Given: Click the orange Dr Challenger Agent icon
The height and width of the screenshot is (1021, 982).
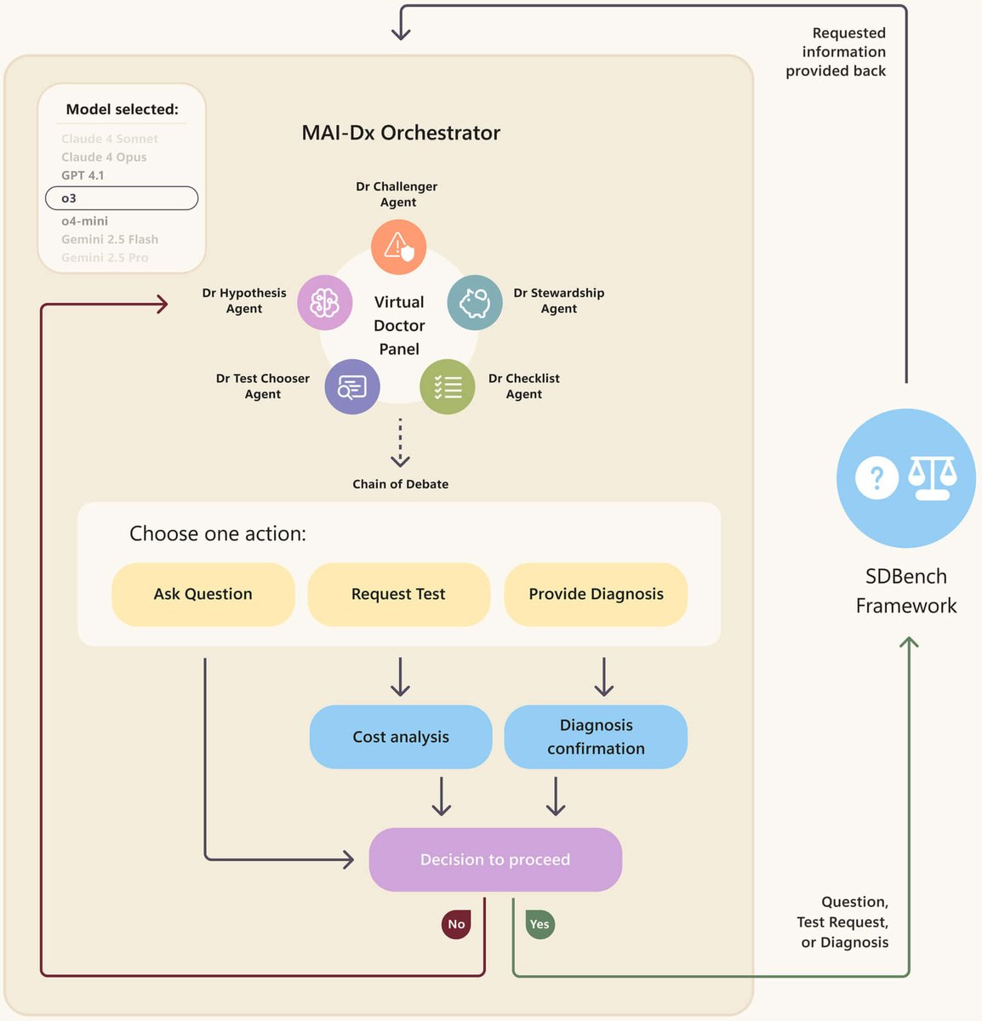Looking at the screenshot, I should click(x=398, y=247).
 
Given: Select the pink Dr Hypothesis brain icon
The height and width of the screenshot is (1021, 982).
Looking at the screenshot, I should click(x=324, y=303).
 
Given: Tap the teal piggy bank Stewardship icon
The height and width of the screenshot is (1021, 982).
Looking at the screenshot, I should click(x=474, y=303).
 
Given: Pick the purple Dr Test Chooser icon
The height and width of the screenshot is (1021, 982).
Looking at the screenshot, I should click(x=351, y=387).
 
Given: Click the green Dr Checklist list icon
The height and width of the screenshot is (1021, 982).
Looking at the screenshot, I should click(x=447, y=387).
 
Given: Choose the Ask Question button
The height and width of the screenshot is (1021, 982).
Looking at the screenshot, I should click(x=203, y=594).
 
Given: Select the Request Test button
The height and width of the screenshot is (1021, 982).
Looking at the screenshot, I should click(x=398, y=594).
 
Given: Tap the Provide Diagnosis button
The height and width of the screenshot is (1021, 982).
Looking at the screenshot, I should click(x=596, y=594).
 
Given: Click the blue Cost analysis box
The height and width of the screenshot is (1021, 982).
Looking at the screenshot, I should click(x=401, y=737).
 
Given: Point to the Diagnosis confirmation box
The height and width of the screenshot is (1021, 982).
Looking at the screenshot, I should click(x=596, y=737).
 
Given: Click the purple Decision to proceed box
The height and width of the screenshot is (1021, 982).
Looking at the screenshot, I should click(x=495, y=859).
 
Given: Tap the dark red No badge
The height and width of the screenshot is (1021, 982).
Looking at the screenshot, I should click(x=456, y=924).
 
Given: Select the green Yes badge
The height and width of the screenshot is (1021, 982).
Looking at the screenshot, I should click(x=540, y=924).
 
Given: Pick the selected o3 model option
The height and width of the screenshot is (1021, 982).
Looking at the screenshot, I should click(x=122, y=198).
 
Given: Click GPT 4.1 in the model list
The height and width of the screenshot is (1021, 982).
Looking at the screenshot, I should click(x=83, y=175).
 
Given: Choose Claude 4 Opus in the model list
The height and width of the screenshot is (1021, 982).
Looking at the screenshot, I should click(x=104, y=157).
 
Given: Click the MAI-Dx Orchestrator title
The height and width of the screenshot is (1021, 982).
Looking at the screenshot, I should click(x=401, y=133).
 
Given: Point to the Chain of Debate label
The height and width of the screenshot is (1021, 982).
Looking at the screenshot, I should click(x=400, y=484).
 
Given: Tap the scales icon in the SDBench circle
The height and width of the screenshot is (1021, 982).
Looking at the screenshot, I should click(x=932, y=477).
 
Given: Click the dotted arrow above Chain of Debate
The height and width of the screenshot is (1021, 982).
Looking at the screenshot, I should click(x=400, y=442).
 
